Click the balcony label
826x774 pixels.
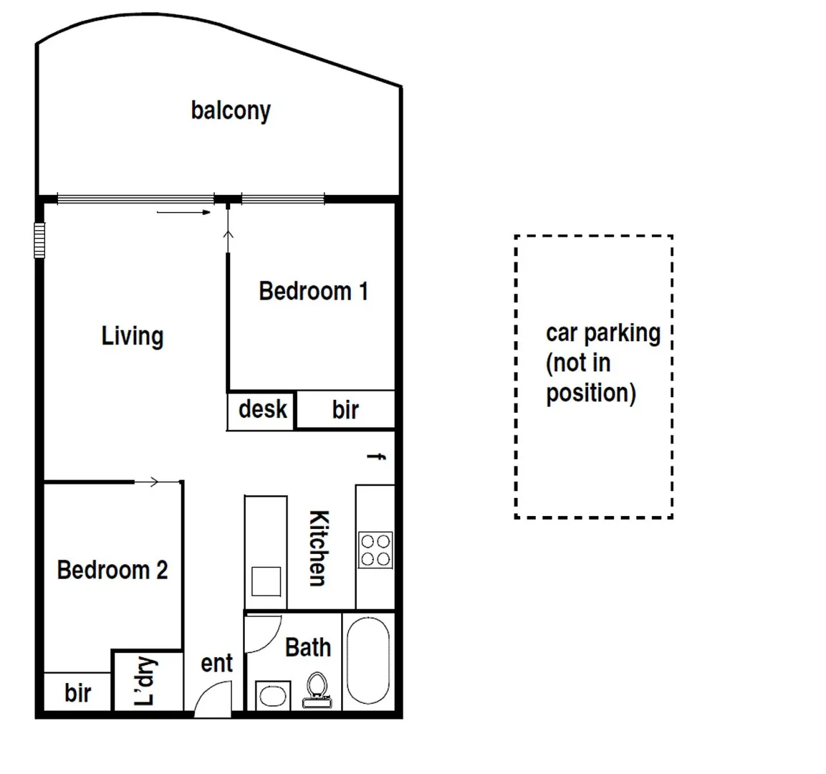tap(231, 110)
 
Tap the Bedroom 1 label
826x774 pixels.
tap(313, 291)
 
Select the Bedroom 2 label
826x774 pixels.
tap(112, 570)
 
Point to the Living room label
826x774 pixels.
tap(133, 335)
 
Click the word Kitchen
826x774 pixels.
tap(318, 548)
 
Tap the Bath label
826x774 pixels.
tap(308, 647)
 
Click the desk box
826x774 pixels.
tap(261, 410)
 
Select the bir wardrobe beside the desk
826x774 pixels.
tap(345, 410)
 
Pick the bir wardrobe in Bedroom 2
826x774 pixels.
tap(77, 692)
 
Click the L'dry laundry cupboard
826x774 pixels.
tap(146, 681)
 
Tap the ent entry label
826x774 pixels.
tap(216, 663)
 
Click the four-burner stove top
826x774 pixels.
tap(375, 550)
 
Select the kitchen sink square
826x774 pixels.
tap(266, 580)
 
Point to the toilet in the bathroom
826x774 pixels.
tap(317, 689)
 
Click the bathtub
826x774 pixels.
tap(368, 660)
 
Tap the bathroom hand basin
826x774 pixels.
tap(272, 695)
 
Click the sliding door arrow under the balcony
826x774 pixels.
tap(183, 212)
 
